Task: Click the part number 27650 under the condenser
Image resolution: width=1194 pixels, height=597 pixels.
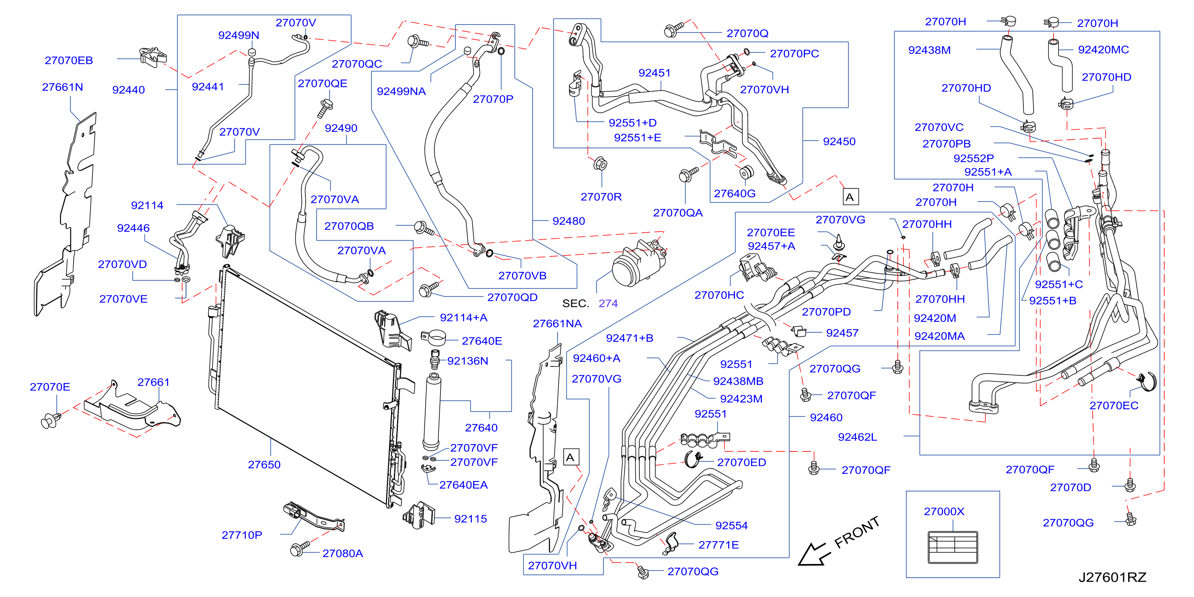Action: [x=264, y=464]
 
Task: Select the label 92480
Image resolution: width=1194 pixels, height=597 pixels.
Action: [x=568, y=221]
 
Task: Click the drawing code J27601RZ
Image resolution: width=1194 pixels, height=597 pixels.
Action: [x=1112, y=577]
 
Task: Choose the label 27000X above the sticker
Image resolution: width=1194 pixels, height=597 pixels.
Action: [x=944, y=511]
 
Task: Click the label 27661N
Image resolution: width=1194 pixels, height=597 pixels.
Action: [x=63, y=87]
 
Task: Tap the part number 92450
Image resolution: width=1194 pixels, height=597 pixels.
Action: [x=839, y=141]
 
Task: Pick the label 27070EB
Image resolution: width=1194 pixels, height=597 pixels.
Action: [x=69, y=60]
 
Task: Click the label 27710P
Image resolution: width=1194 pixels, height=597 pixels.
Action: [x=242, y=535]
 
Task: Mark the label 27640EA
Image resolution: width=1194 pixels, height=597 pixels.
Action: [x=463, y=485]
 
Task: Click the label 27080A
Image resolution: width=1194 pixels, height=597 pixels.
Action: [x=342, y=553]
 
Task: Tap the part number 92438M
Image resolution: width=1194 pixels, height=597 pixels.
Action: [x=929, y=50]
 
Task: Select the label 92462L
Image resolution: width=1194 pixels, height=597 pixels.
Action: [x=858, y=436]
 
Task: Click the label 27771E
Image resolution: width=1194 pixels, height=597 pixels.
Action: [x=718, y=545]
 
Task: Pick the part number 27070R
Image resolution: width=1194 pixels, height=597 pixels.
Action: [x=601, y=197]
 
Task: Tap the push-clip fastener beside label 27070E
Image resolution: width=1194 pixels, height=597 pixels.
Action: [x=51, y=420]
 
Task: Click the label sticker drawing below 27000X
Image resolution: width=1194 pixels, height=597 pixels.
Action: [x=953, y=547]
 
